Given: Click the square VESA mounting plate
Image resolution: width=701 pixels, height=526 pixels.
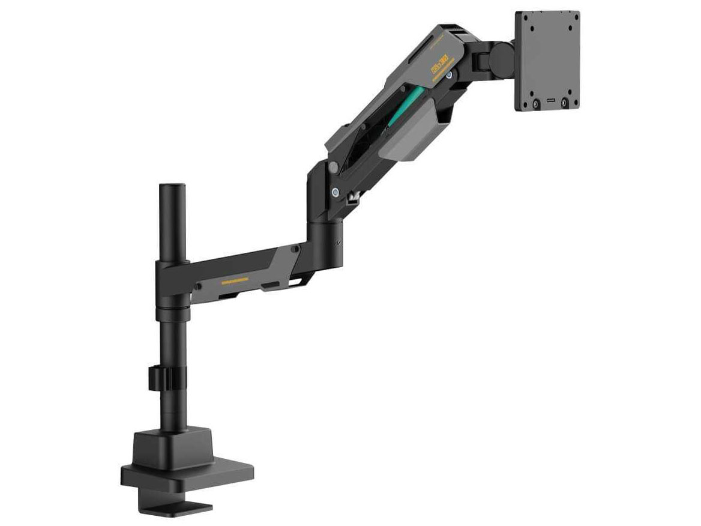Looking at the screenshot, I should pyautogui.click(x=547, y=61).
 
